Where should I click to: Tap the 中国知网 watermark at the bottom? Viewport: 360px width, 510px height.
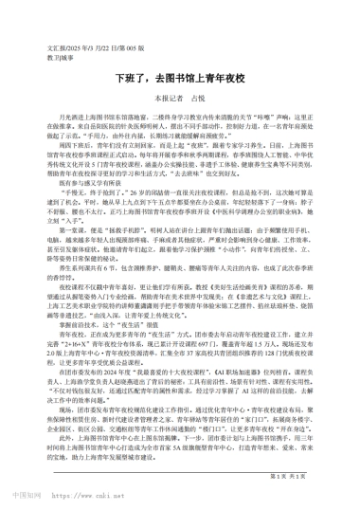pyautogui.click(x=33, y=494)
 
